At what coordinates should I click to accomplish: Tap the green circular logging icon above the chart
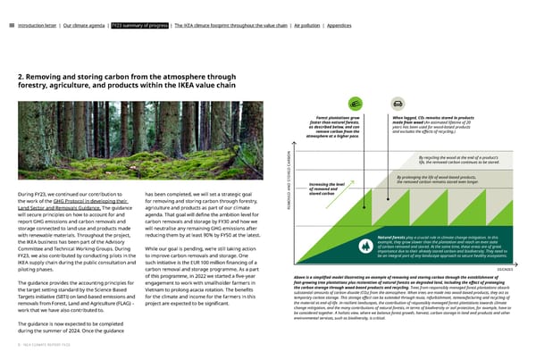coord(355,104)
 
